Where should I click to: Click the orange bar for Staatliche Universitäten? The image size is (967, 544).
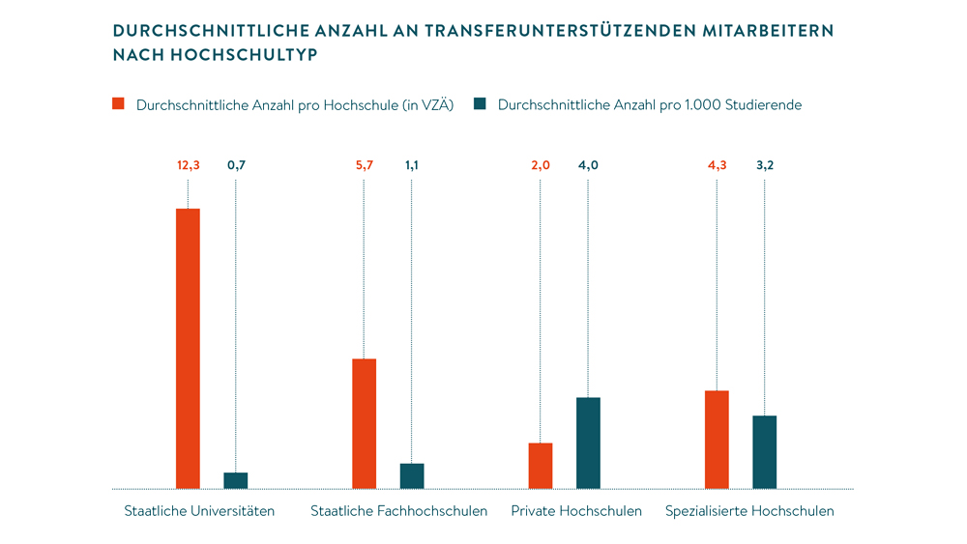(x=188, y=348)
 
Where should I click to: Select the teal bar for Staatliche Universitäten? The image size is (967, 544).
(x=236, y=480)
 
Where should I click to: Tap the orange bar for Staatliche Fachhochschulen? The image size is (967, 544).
(x=364, y=423)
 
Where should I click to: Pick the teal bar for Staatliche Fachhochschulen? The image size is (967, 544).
(x=412, y=475)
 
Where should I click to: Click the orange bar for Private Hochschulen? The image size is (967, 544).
(x=541, y=465)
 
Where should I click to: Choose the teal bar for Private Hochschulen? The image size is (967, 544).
(x=588, y=443)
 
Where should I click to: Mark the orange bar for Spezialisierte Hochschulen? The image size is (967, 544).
(x=717, y=439)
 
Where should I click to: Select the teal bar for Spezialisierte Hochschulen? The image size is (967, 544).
(x=765, y=451)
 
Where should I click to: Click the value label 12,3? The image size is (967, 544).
(x=188, y=165)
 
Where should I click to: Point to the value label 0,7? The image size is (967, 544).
(x=236, y=165)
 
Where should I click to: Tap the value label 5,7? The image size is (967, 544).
(x=364, y=165)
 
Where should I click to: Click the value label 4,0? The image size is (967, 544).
(x=588, y=165)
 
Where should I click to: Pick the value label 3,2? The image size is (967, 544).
(x=765, y=165)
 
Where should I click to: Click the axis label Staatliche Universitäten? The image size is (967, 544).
(x=199, y=510)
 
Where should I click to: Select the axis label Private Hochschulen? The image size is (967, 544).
(x=576, y=510)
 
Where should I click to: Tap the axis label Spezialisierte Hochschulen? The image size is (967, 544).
(x=749, y=510)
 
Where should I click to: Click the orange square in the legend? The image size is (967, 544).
(x=119, y=104)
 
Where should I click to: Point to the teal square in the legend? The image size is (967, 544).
(x=480, y=104)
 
